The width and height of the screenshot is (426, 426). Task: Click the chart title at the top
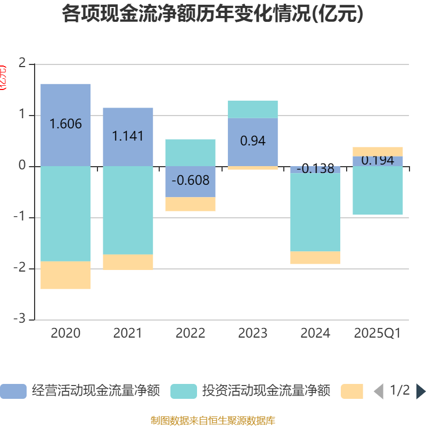[212, 14]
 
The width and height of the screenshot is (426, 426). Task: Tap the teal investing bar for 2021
[128, 210]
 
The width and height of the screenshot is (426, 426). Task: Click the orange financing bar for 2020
[65, 275]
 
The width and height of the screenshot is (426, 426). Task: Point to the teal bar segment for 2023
[253, 109]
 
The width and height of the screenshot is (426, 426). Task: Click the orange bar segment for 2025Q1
[378, 151]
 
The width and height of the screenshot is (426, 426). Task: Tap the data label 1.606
[65, 124]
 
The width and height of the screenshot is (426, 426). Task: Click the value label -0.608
[190, 179]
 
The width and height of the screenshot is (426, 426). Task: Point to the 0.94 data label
[253, 141]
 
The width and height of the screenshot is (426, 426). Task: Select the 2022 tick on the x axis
[190, 333]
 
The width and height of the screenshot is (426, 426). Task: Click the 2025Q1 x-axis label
[378, 333]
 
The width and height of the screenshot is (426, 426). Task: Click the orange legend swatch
[352, 391]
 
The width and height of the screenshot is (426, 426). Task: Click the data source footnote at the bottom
[212, 420]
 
